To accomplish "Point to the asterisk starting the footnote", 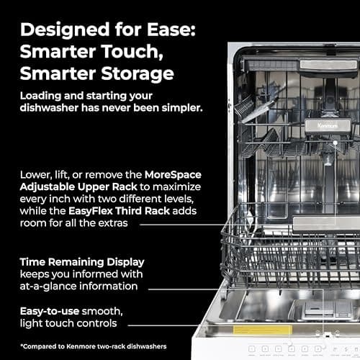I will click(x=23, y=344).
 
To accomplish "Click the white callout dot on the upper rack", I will click(x=336, y=144).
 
